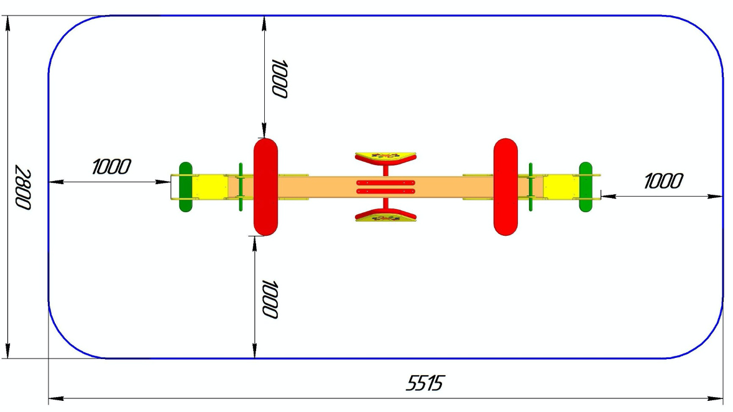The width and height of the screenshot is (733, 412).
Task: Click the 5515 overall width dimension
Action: pos(425,383)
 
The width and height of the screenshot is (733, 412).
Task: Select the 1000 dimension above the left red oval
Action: pos(279,78)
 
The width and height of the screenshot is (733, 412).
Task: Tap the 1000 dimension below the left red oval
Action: pos(270,299)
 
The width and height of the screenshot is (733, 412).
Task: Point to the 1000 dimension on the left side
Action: pos(111,167)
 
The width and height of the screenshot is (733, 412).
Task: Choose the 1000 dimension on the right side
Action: pos(663,181)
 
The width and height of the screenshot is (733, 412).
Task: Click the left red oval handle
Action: pos(265,187)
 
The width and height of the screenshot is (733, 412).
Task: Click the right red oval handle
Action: pos(505,187)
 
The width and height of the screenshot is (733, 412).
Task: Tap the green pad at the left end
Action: pos(186,187)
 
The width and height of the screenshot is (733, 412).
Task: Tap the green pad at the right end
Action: pos(585,187)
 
